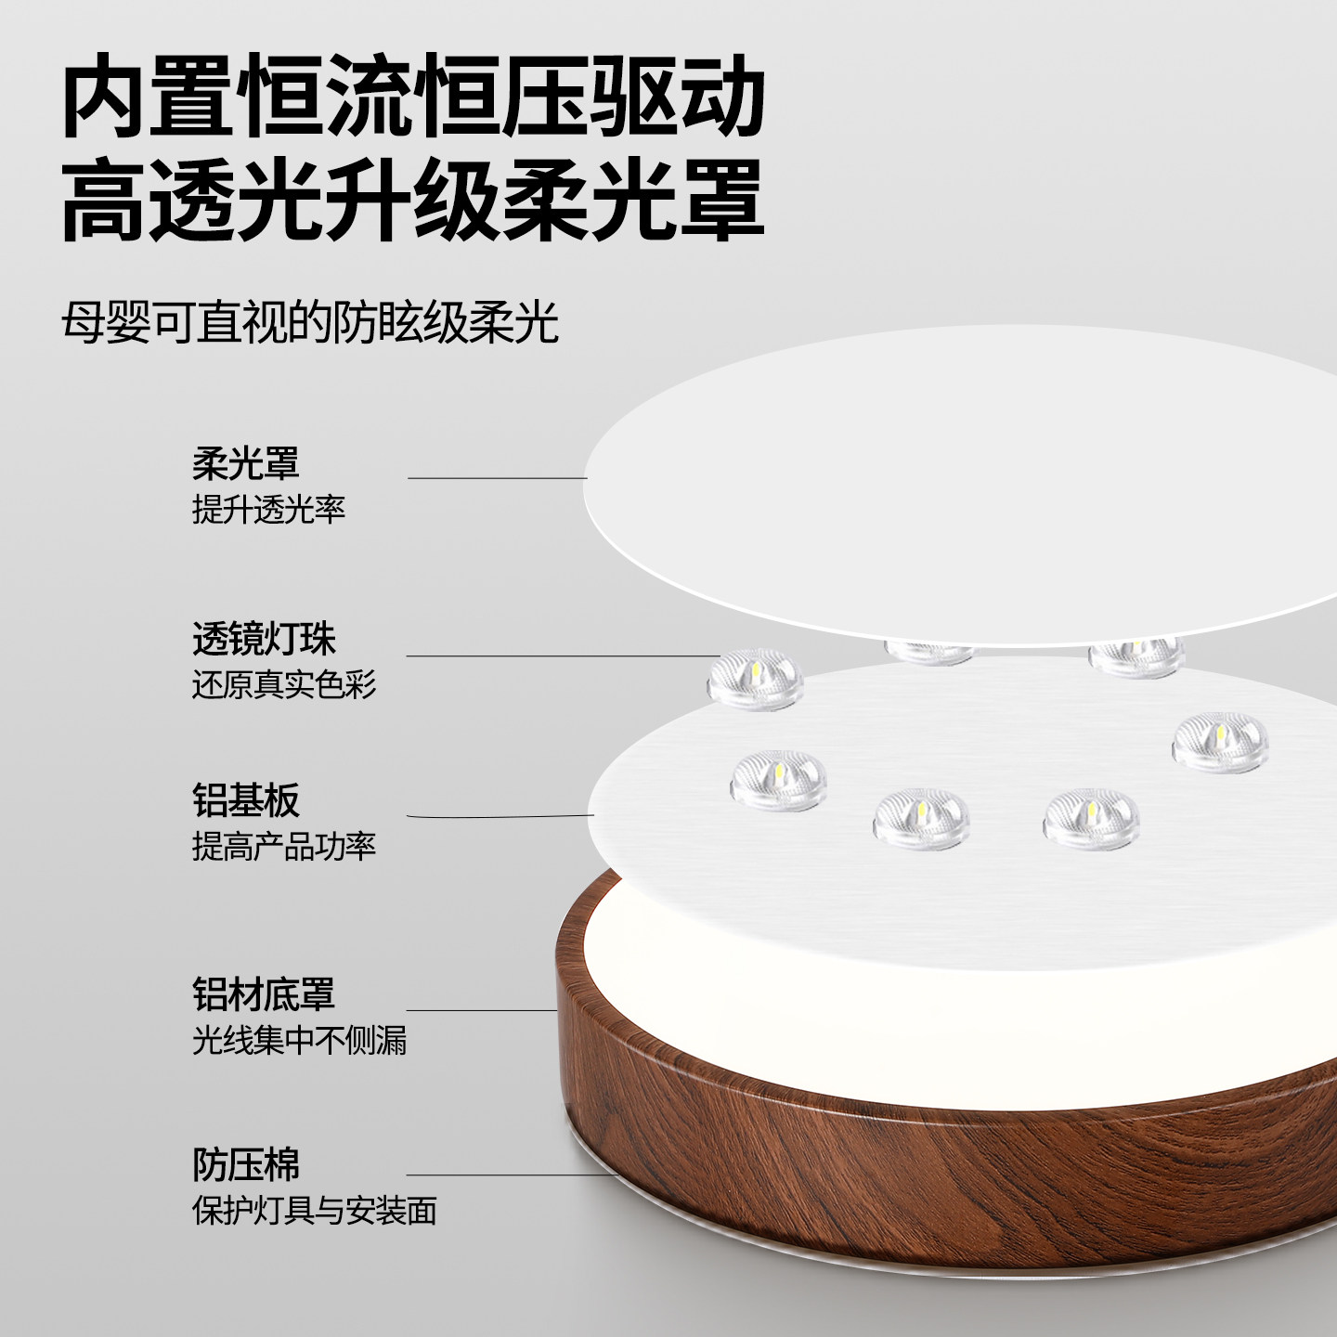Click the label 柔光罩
245,462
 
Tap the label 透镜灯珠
264,639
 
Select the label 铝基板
245,799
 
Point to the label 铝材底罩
264,994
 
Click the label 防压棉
245,1164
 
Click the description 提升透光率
268,509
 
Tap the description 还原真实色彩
283,685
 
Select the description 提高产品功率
283,846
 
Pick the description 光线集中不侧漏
299,1041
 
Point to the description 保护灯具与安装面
314,1211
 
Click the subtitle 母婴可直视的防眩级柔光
310,322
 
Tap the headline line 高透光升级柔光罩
413,200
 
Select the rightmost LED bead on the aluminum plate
1219,739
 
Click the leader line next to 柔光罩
497,478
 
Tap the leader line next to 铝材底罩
481,1010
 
